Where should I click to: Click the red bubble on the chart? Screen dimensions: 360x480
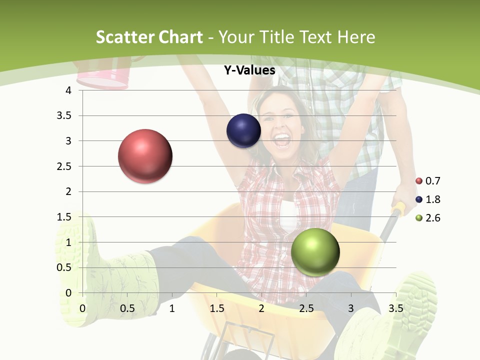145,156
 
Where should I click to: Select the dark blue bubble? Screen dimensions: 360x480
243,131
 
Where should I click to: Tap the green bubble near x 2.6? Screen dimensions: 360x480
315,252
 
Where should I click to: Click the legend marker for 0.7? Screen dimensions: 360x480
419,181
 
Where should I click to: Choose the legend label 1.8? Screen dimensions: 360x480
432,199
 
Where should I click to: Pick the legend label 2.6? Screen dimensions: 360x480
432,218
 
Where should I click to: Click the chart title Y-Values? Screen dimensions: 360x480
249,70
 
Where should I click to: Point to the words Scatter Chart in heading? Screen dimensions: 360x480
149,37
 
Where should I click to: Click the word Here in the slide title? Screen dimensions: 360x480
356,37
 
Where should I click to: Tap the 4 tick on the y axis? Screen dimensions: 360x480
69,90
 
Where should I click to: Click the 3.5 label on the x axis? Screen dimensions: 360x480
395,308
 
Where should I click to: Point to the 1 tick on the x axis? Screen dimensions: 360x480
172,308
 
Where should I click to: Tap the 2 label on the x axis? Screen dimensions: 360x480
261,308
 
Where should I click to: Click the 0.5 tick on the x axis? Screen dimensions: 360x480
127,308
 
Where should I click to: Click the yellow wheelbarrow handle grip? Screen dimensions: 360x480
398,209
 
